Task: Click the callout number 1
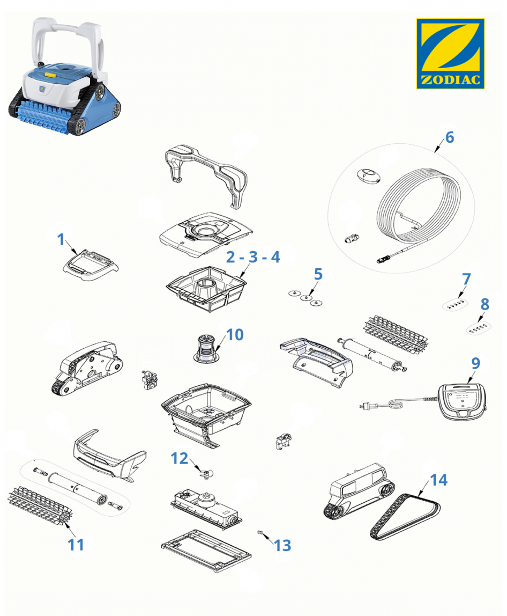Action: (61, 239)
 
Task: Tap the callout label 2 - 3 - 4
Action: (253, 257)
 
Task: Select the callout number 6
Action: (450, 137)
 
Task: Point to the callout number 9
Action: (475, 363)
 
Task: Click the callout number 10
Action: (235, 335)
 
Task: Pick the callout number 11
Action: (76, 545)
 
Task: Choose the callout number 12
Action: (180, 458)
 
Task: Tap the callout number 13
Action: (282, 545)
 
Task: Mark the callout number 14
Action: (439, 480)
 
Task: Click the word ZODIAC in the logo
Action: (451, 80)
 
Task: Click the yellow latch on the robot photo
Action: (50, 74)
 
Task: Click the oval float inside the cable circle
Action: (369, 175)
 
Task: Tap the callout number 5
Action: (318, 274)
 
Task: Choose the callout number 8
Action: (485, 304)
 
